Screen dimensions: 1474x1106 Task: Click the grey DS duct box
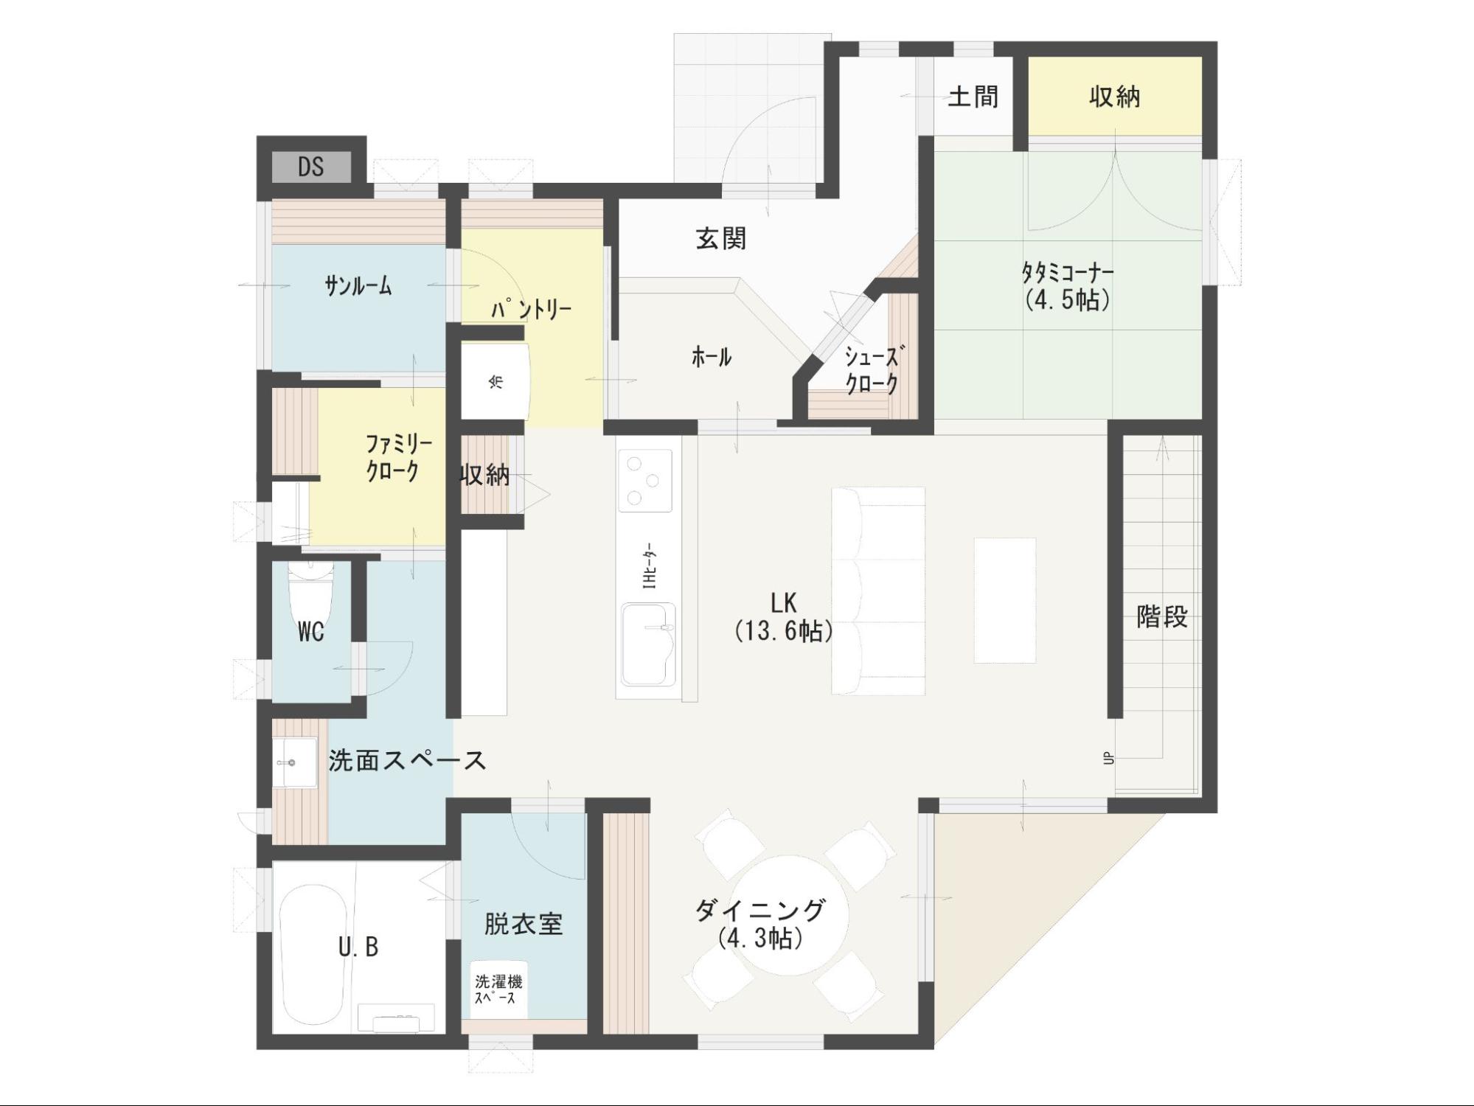click(311, 167)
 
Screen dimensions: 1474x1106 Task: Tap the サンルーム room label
click(358, 286)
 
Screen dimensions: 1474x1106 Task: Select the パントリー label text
click(532, 310)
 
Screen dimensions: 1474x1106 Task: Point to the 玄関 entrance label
click(721, 238)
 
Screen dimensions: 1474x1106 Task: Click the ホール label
click(712, 358)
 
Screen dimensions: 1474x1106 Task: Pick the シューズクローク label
click(872, 371)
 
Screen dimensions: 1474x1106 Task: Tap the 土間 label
click(973, 97)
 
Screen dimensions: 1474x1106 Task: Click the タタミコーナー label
click(1067, 286)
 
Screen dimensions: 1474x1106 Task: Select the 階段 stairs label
click(1162, 616)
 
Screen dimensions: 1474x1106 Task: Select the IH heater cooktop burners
click(645, 480)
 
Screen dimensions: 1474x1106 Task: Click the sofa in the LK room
click(878, 591)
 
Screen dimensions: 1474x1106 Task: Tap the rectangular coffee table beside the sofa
click(1005, 600)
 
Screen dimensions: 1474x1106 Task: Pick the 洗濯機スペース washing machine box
click(498, 990)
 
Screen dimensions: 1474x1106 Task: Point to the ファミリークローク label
click(398, 458)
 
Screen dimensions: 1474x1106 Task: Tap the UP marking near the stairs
click(1108, 758)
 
